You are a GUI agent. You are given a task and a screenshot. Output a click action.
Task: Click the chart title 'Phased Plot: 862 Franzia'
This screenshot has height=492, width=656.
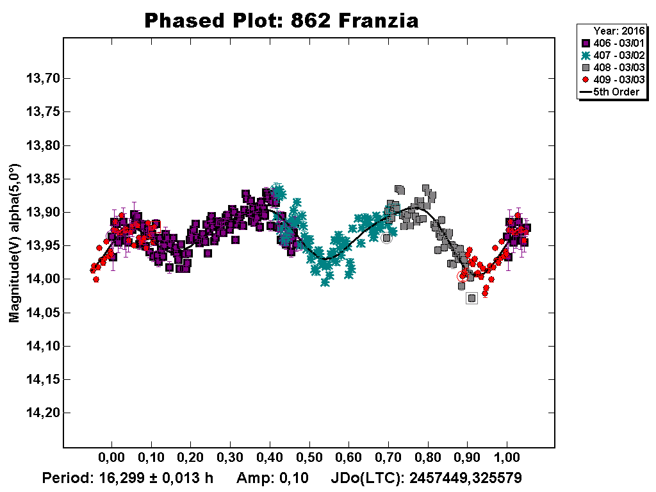pyautogui.click(x=281, y=20)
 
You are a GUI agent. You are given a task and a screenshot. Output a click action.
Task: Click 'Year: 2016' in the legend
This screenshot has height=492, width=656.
pyautogui.click(x=618, y=31)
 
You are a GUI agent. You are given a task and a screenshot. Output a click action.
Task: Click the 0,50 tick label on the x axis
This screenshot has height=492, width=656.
pyautogui.click(x=309, y=459)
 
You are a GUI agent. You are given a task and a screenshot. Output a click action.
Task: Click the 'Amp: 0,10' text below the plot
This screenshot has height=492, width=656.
pyautogui.click(x=272, y=478)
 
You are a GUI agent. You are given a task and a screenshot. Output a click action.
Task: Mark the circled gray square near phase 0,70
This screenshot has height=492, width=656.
pyautogui.click(x=386, y=238)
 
